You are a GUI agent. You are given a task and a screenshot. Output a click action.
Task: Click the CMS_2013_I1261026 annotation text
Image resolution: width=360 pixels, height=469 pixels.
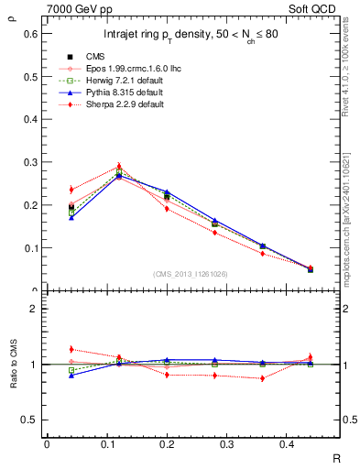click(190, 273)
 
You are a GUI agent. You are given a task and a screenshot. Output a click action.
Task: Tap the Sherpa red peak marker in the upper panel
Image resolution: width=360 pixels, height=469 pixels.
click(118, 167)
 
